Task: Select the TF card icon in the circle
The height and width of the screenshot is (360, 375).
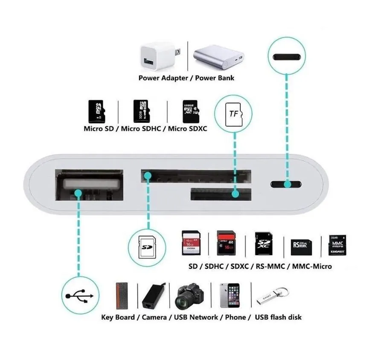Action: point(233,113)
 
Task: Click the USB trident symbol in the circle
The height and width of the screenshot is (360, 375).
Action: point(78,296)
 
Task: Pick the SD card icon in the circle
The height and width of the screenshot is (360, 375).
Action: point(147,247)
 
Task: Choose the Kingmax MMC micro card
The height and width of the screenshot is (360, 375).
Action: point(337,245)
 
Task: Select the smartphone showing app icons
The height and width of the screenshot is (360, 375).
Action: point(229,296)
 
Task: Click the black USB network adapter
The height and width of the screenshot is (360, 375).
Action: point(154,296)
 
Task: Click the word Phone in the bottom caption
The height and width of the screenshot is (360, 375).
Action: point(235,317)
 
